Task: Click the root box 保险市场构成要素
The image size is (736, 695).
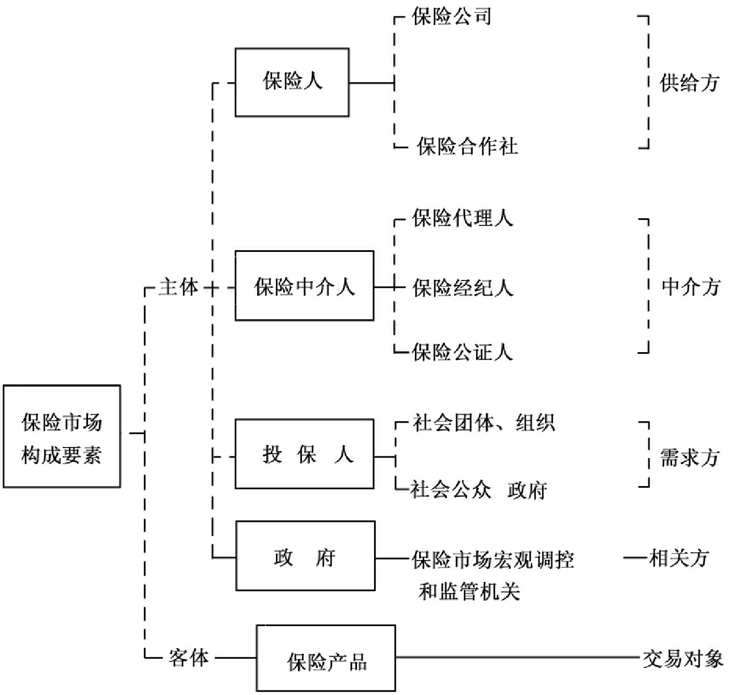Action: pyautogui.click(x=62, y=437)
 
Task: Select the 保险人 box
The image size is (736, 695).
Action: pyautogui.click(x=292, y=82)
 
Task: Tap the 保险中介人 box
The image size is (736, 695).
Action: pyautogui.click(x=304, y=286)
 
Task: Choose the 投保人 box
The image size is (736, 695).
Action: pyautogui.click(x=304, y=454)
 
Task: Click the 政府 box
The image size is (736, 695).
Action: pyautogui.click(x=305, y=556)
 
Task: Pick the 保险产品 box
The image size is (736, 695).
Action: pyautogui.click(x=326, y=659)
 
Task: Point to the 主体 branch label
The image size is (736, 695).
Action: pyautogui.click(x=178, y=287)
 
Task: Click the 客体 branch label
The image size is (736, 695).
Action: pyautogui.click(x=188, y=658)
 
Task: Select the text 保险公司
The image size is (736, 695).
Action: pyautogui.click(x=452, y=17)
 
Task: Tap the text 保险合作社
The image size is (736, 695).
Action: pyautogui.click(x=467, y=147)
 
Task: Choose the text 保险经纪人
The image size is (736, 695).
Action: pyautogui.click(x=463, y=288)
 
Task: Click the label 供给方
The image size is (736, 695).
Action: pyautogui.click(x=690, y=83)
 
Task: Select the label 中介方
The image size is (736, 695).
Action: pyautogui.click(x=691, y=287)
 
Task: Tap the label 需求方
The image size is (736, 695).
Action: pyautogui.click(x=690, y=457)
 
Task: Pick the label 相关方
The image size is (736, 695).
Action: pyautogui.click(x=679, y=558)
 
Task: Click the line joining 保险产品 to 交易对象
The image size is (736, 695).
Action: pyautogui.click(x=518, y=658)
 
